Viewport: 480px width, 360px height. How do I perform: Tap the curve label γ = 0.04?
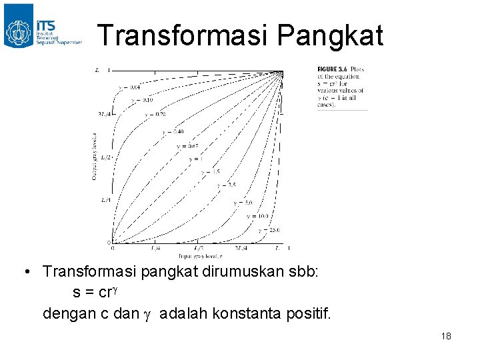pyautogui.click(x=129, y=87)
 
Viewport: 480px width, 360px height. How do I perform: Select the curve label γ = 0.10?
pyautogui.click(x=141, y=100)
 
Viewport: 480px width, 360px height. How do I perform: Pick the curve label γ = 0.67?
pyautogui.click(x=187, y=146)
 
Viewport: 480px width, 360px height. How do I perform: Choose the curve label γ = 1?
pyautogui.click(x=195, y=159)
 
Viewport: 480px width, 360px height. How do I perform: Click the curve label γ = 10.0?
pyautogui.click(x=257, y=216)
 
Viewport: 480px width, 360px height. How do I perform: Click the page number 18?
pyautogui.click(x=446, y=336)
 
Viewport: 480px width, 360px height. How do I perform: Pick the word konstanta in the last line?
pyautogui.click(x=249, y=312)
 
